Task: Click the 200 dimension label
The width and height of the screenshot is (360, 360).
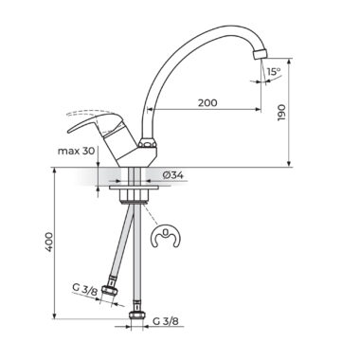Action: tap(207, 102)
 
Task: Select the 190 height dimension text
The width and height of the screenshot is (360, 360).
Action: tap(281, 113)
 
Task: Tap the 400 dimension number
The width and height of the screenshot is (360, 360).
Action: tap(48, 242)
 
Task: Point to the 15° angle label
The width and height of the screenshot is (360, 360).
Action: tap(274, 72)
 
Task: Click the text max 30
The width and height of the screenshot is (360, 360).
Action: tap(76, 151)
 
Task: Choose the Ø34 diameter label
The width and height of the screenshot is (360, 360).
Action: tap(173, 174)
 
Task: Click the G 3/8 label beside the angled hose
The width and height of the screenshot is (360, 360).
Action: tap(85, 290)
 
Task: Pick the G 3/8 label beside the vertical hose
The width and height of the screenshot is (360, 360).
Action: tap(166, 321)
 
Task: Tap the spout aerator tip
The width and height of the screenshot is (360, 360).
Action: tap(260, 54)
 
